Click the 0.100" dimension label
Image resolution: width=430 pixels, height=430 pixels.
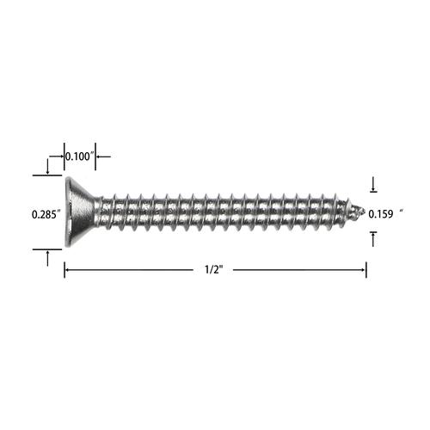pos(79,157)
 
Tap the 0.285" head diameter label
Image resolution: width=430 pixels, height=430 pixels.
pos(46,214)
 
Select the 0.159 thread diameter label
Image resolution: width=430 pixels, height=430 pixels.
pos(381,214)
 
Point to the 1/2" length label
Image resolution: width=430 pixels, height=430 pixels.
pos(213,270)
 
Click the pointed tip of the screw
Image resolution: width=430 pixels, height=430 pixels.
pos(364,212)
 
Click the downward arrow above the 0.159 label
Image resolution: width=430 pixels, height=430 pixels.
pos(373,184)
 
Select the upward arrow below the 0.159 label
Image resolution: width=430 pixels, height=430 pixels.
pos(373,239)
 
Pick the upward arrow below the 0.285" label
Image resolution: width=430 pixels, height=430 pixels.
pos(47,258)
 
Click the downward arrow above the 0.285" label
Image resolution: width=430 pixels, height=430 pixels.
pos(47,167)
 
